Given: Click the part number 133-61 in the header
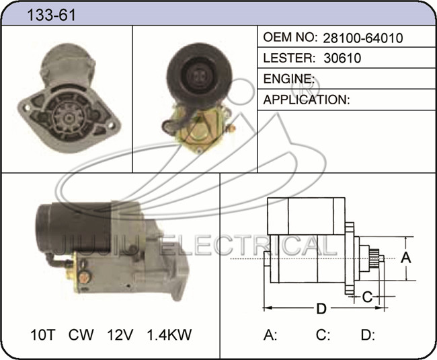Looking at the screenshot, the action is (x=51, y=15).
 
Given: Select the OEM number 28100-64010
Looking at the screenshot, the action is (x=363, y=38).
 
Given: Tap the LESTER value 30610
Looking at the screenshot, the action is (x=342, y=58).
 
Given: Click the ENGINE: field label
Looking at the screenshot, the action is (x=288, y=79).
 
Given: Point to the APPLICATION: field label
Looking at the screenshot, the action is (x=307, y=100).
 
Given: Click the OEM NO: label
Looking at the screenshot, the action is (x=290, y=38).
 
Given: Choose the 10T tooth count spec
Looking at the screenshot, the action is (x=43, y=334).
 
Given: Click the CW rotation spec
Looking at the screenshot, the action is (x=81, y=334).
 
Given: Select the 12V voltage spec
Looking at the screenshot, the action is (x=120, y=334).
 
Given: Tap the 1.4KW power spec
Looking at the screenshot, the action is (x=169, y=334).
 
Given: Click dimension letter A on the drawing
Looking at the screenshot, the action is (x=406, y=257).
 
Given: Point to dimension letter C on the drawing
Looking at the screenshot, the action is (x=367, y=297).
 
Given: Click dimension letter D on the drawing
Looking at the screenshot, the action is (x=321, y=309).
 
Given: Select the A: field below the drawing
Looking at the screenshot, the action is (x=270, y=335).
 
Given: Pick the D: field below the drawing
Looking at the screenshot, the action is (x=368, y=335).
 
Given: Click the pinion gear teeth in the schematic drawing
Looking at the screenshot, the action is (x=374, y=258).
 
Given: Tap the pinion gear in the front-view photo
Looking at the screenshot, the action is (x=68, y=118).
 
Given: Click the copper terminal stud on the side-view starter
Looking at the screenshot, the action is (x=84, y=277).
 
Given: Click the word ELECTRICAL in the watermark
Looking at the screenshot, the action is (x=248, y=246).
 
